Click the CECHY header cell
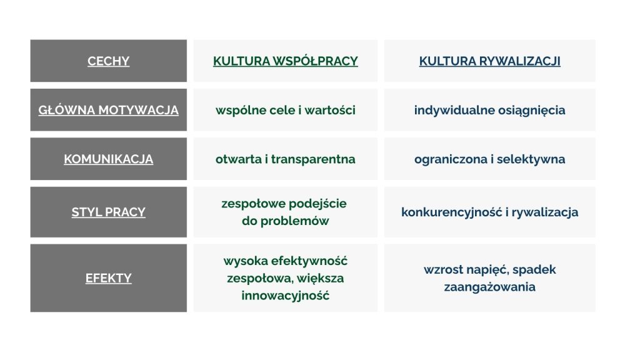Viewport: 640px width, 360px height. (108, 61)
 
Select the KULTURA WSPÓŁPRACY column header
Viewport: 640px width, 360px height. (285, 61)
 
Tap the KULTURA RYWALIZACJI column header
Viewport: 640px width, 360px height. (489, 61)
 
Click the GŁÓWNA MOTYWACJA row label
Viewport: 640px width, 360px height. (108, 110)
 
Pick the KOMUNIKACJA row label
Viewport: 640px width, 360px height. (108, 159)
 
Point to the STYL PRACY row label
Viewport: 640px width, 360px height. (108, 212)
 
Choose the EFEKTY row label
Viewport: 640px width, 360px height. (108, 278)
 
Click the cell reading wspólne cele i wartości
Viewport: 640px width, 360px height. (285, 110)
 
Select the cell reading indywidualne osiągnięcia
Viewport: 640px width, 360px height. (489, 110)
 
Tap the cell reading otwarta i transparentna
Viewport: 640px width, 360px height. (285, 159)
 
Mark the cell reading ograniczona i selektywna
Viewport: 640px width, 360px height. (489, 159)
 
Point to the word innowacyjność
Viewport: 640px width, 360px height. (285, 295)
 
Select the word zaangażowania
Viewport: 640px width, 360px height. (490, 287)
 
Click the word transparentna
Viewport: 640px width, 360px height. (313, 159)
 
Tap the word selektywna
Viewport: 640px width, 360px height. (531, 159)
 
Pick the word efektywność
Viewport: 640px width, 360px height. (309, 261)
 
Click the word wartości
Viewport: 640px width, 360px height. (330, 110)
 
